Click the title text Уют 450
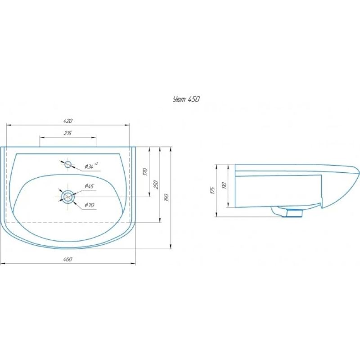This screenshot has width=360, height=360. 186,99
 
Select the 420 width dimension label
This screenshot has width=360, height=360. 67,121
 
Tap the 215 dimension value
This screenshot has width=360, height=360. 68,133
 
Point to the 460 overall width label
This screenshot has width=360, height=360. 67,259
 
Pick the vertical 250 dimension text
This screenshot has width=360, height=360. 156,184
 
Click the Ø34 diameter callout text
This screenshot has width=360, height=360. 92,167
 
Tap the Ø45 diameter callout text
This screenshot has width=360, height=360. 89,186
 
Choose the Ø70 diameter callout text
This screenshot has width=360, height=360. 89,206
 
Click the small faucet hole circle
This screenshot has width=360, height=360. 68,164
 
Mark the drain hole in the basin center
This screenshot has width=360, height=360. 68,196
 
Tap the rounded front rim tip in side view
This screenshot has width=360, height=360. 357,171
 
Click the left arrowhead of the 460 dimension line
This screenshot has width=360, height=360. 2,263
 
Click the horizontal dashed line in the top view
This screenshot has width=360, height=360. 67,222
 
